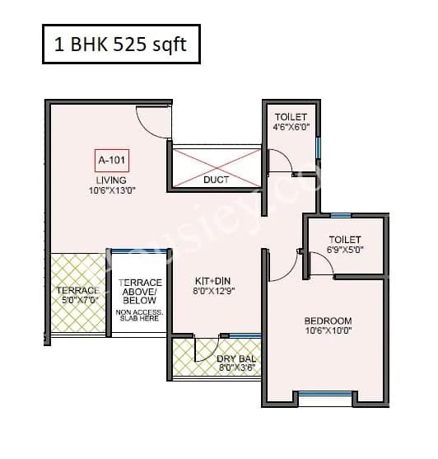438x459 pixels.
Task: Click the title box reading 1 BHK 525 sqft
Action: (x=120, y=44)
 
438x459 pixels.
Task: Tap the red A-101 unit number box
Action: (x=111, y=160)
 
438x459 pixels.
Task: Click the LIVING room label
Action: (x=111, y=180)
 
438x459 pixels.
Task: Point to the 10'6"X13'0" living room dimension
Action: (x=111, y=191)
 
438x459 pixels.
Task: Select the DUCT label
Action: (x=216, y=179)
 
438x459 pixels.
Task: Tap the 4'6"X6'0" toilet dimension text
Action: (x=291, y=128)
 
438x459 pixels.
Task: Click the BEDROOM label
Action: (x=328, y=321)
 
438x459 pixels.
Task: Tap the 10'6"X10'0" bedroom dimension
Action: (x=328, y=332)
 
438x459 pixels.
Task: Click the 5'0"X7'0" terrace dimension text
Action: (x=78, y=302)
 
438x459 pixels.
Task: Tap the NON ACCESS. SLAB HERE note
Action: (x=139, y=316)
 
